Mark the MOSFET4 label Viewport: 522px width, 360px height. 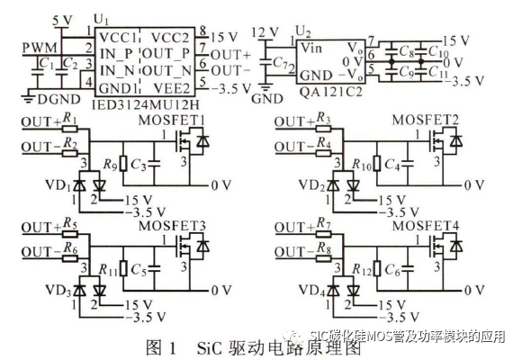[430, 223]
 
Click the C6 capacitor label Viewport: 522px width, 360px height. [392, 267]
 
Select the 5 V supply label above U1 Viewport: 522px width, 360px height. [62, 20]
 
